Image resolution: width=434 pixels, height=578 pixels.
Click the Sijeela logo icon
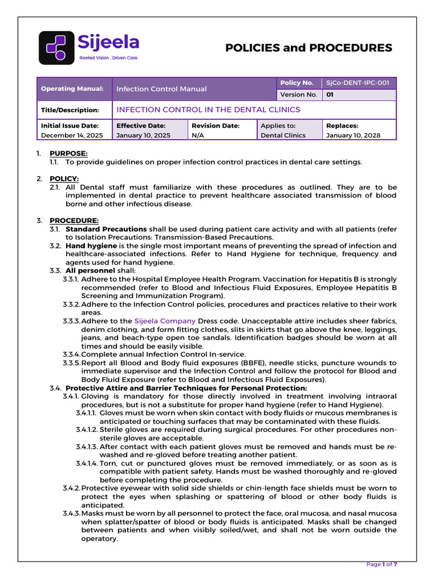(56, 47)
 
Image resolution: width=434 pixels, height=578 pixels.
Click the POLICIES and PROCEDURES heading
(309, 48)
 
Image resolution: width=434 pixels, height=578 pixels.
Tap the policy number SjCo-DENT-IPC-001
(358, 83)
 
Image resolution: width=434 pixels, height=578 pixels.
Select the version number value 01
(329, 95)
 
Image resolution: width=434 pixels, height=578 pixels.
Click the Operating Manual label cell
(72, 89)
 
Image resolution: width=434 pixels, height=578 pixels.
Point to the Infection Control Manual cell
(162, 89)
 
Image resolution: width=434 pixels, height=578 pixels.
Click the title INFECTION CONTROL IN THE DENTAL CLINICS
(208, 110)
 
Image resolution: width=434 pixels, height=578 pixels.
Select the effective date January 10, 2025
(144, 135)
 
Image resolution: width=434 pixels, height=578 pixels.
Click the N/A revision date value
(198, 135)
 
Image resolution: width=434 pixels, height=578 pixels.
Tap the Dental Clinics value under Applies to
(283, 135)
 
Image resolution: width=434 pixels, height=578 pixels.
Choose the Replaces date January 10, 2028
(353, 135)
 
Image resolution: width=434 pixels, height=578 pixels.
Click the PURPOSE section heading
(68, 154)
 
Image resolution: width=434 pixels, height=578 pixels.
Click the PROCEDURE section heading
(74, 220)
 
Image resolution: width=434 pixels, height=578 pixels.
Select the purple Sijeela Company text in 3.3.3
(165, 321)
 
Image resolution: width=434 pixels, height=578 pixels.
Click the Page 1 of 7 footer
(382, 564)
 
